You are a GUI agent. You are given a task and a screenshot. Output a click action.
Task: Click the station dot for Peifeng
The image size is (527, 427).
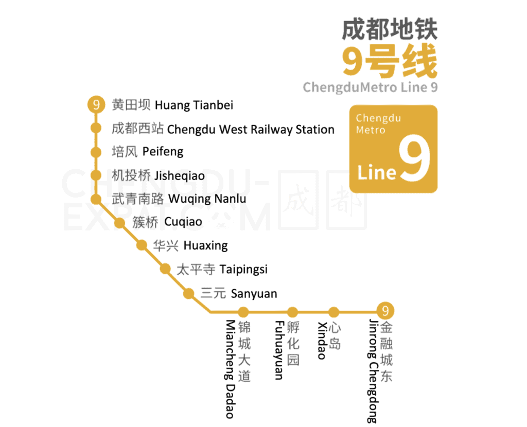click(96, 152)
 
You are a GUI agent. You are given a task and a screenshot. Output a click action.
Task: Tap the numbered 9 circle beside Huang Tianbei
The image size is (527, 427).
click(96, 105)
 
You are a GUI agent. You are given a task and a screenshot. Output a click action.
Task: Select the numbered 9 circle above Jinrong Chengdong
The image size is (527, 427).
click(385, 311)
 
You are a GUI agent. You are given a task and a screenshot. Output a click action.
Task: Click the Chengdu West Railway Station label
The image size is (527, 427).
click(223, 129)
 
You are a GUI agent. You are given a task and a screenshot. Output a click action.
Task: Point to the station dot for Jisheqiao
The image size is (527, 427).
click(96, 175)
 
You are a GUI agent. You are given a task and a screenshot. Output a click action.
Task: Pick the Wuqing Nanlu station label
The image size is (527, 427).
click(179, 199)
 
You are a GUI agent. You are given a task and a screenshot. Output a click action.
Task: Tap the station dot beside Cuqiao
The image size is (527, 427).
click(119, 223)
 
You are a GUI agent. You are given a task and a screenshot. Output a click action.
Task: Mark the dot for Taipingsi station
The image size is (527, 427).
click(165, 269)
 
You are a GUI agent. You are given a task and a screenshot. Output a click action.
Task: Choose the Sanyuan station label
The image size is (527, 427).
click(239, 294)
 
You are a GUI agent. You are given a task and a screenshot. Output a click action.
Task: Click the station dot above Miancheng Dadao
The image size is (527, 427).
click(243, 312)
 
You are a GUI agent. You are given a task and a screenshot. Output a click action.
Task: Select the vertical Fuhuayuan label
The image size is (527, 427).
click(278, 350)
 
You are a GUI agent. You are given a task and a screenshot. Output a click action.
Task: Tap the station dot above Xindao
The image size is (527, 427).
click(334, 312)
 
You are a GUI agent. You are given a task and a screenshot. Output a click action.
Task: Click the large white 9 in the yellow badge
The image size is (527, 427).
click(414, 159)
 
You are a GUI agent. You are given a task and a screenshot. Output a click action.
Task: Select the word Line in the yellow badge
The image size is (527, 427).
click(377, 172)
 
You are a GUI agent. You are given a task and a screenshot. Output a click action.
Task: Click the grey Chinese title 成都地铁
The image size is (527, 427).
click(390, 30)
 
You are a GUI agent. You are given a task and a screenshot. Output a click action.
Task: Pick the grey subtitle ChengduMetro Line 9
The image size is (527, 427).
click(370, 87)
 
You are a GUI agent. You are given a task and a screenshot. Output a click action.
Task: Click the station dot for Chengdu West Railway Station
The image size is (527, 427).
click(96, 128)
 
